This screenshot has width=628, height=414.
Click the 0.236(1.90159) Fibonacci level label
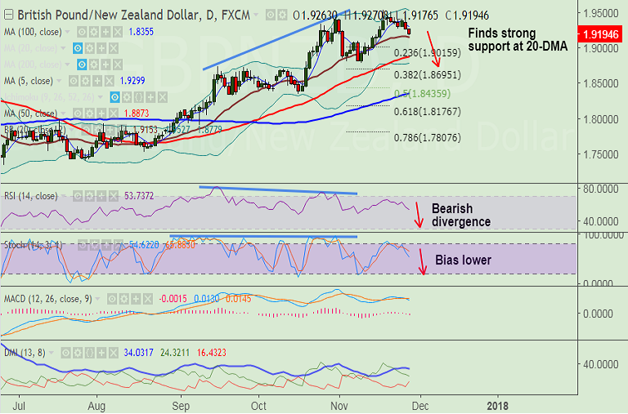coord(426,53)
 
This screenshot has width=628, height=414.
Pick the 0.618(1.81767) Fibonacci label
coord(426,111)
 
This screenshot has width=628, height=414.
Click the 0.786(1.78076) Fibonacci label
coord(426,138)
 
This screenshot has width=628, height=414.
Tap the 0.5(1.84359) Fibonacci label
coord(426,92)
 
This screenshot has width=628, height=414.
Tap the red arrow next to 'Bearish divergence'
coord(419,216)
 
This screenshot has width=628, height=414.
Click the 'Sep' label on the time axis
coord(181,404)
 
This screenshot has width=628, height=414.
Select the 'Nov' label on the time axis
coord(339,404)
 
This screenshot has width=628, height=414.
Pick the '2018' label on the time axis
coord(496,404)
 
